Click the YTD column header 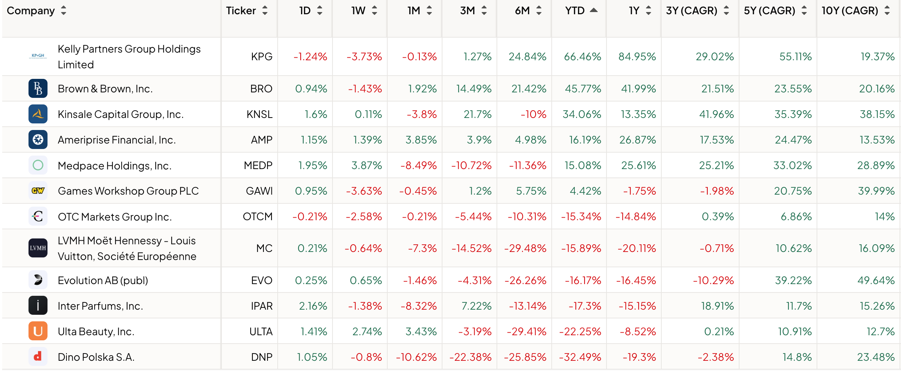[x=575, y=11]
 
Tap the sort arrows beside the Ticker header [x=265, y=11]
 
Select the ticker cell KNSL [x=259, y=114]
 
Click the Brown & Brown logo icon [x=38, y=88]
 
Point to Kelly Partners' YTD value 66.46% [x=582, y=57]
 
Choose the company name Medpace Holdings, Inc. [x=114, y=166]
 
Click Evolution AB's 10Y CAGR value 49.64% [x=876, y=280]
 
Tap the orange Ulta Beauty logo [x=38, y=331]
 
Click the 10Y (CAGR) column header [x=850, y=11]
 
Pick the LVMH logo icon [x=38, y=248]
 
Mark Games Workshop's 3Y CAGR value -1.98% [x=716, y=191]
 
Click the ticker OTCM [x=258, y=217]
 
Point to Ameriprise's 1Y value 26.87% [x=637, y=140]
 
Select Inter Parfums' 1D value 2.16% [x=313, y=306]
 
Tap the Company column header [x=31, y=11]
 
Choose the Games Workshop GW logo [x=38, y=191]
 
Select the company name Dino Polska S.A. [x=96, y=357]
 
